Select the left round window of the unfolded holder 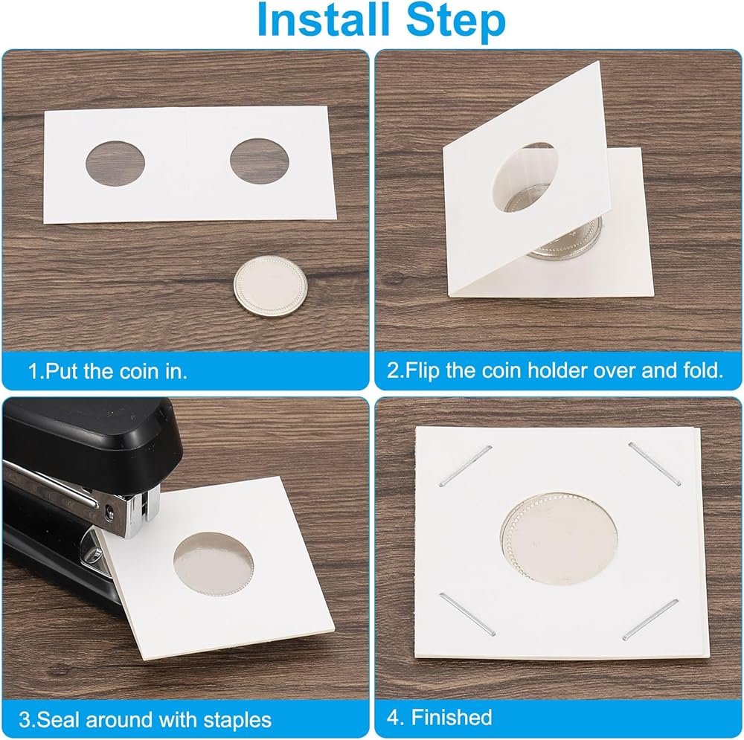(115, 164)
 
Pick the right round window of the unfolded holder (260, 161)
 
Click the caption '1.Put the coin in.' (108, 371)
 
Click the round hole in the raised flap (525, 176)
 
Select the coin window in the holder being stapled (213, 564)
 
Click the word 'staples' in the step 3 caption (237, 720)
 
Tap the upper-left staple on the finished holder (466, 466)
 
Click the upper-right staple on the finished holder (655, 463)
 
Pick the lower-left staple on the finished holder (467, 614)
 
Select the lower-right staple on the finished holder (650, 619)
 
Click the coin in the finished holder (559, 539)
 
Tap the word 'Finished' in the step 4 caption (452, 717)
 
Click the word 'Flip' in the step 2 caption (422, 371)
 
